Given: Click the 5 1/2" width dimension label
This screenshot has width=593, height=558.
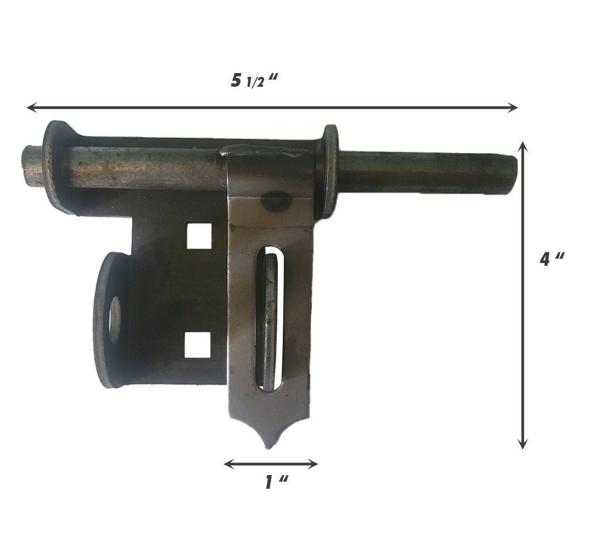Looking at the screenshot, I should pyautogui.click(x=254, y=81).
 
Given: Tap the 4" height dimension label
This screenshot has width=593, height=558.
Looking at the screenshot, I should pyautogui.click(x=551, y=259).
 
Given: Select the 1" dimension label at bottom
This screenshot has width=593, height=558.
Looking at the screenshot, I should pyautogui.click(x=276, y=483).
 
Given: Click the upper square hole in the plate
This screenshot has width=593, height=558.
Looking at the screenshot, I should pyautogui.click(x=199, y=236).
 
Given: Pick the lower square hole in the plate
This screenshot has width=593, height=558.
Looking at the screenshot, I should pyautogui.click(x=197, y=345).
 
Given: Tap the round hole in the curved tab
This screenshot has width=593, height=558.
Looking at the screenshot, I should pyautogui.click(x=115, y=320).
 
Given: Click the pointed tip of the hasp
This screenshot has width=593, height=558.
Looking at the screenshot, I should pyautogui.click(x=268, y=444).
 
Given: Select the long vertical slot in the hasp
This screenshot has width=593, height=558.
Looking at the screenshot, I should pyautogui.click(x=270, y=319).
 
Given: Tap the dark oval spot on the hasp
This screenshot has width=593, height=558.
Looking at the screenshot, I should pyautogui.click(x=276, y=202).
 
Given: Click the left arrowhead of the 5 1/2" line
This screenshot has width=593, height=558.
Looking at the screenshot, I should pyautogui.click(x=30, y=107).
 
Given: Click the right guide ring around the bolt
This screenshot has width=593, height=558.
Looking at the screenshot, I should pyautogui.click(x=329, y=170).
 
